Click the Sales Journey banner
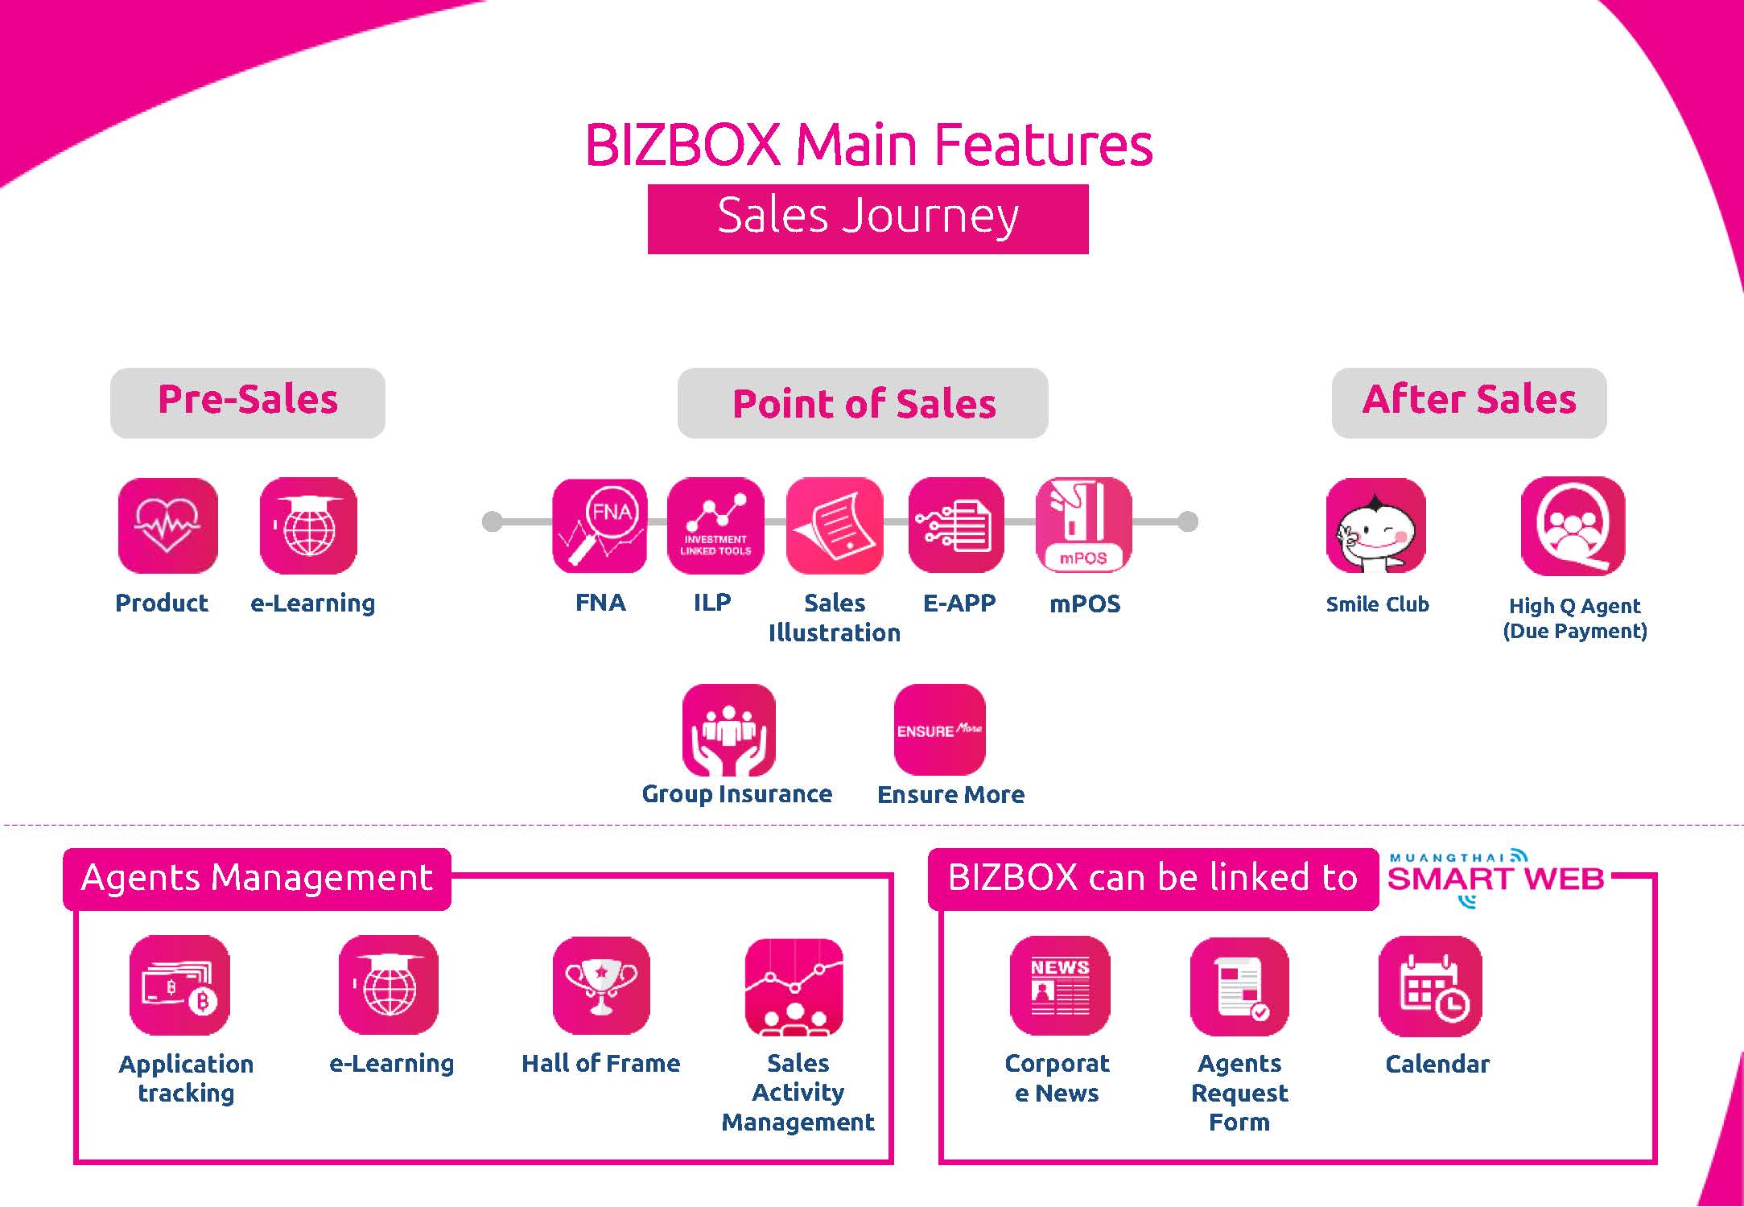pyautogui.click(x=868, y=219)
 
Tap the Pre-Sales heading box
pyautogui.click(x=248, y=403)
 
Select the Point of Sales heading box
pyautogui.click(x=863, y=403)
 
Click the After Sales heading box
pyautogui.click(x=1469, y=403)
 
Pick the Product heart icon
pyautogui.click(x=167, y=525)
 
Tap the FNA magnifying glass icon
pyautogui.click(x=600, y=525)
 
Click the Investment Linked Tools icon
pyautogui.click(x=715, y=525)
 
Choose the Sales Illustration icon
pyautogui.click(x=835, y=525)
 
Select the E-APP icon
pyautogui.click(x=956, y=525)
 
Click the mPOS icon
pyautogui.click(x=1083, y=525)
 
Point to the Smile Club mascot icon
pyautogui.click(x=1376, y=525)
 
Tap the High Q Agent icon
pyautogui.click(x=1573, y=525)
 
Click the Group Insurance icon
pyautogui.click(x=729, y=730)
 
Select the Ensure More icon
pyautogui.click(x=940, y=730)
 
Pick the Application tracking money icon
pyautogui.click(x=179, y=985)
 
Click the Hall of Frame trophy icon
pyautogui.click(x=601, y=985)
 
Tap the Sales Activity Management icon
pyautogui.click(x=794, y=987)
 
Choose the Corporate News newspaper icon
pyautogui.click(x=1060, y=985)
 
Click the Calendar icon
pyautogui.click(x=1430, y=986)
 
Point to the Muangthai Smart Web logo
pyautogui.click(x=1495, y=878)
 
